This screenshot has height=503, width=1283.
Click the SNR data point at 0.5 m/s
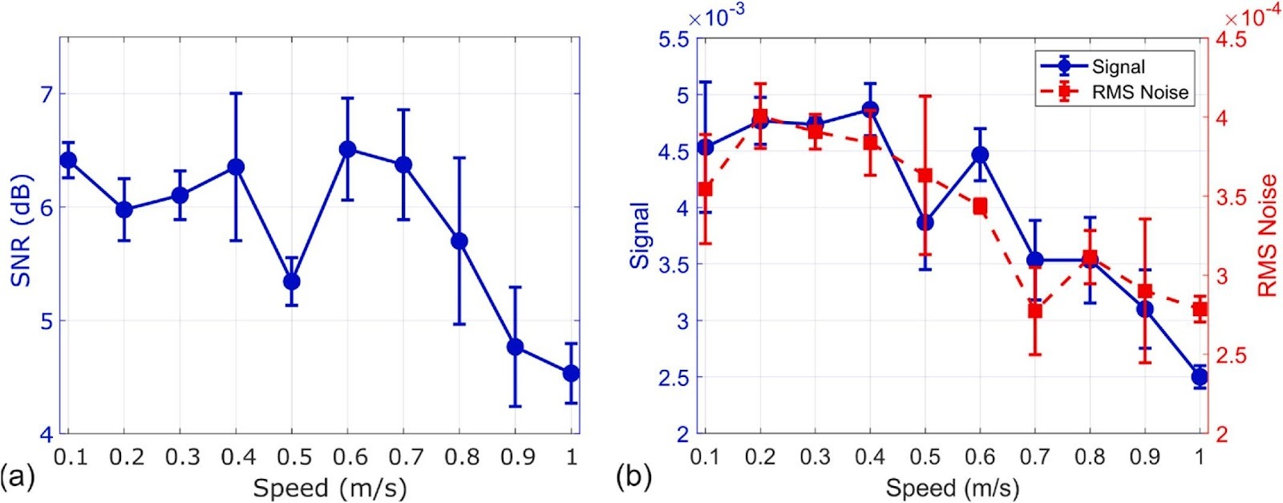292,282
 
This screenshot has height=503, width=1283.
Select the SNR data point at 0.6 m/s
347,149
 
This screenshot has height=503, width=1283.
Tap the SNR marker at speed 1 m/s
570,374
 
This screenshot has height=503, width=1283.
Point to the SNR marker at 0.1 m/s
68,160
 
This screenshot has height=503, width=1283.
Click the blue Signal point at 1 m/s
1200,377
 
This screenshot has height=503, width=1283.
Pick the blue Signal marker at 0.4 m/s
870,109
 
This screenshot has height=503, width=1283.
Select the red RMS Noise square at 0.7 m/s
1034,311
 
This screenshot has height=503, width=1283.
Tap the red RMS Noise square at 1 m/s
1200,310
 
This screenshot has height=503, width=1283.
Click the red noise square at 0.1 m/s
705,189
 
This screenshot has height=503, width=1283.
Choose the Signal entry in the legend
1092,67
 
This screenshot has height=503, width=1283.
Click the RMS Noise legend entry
1115,91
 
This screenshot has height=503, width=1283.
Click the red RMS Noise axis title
1268,236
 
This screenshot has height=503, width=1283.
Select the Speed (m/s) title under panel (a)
330,489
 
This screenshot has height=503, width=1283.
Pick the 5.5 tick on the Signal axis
672,39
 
